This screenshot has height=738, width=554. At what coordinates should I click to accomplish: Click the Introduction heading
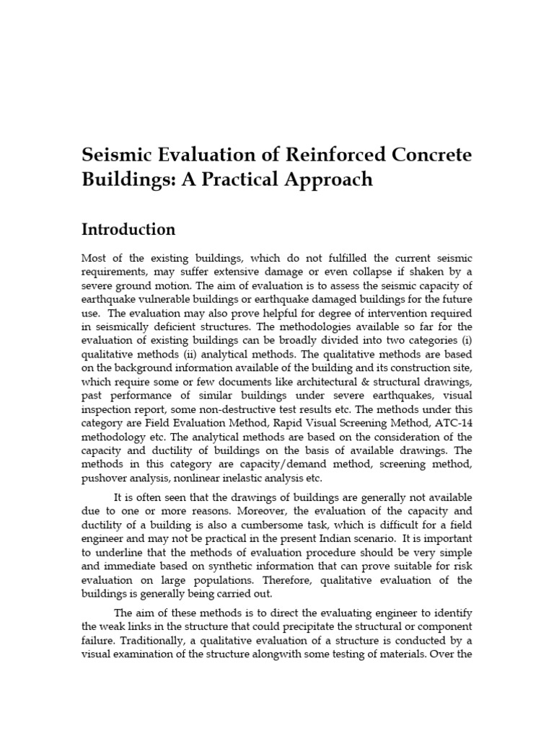click(128, 230)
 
